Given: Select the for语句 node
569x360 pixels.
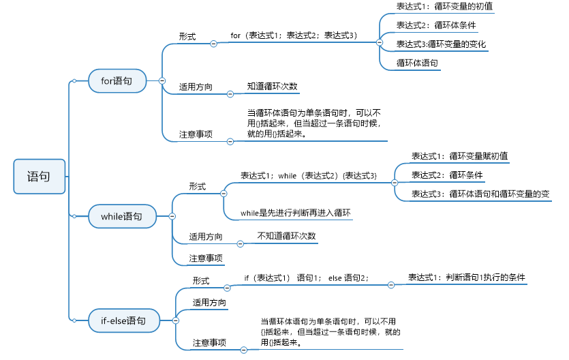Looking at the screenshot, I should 118,81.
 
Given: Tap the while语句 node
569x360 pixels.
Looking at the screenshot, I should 122,216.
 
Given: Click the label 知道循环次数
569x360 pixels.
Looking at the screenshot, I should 273,87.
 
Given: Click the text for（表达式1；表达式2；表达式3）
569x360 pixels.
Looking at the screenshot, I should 294,35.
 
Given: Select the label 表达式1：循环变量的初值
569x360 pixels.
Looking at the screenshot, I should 444,6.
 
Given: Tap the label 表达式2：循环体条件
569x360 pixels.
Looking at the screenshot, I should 436,25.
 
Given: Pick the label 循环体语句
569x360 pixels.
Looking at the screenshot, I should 418,63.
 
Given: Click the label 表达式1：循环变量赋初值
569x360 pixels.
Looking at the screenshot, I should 459,155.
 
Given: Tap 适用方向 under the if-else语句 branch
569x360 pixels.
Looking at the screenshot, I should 210,302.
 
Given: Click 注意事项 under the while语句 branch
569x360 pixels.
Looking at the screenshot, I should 206,258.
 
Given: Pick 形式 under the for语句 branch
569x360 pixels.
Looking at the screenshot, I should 187,36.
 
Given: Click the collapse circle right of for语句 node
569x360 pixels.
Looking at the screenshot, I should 162,81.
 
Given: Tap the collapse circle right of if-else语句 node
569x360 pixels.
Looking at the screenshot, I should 176,319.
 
